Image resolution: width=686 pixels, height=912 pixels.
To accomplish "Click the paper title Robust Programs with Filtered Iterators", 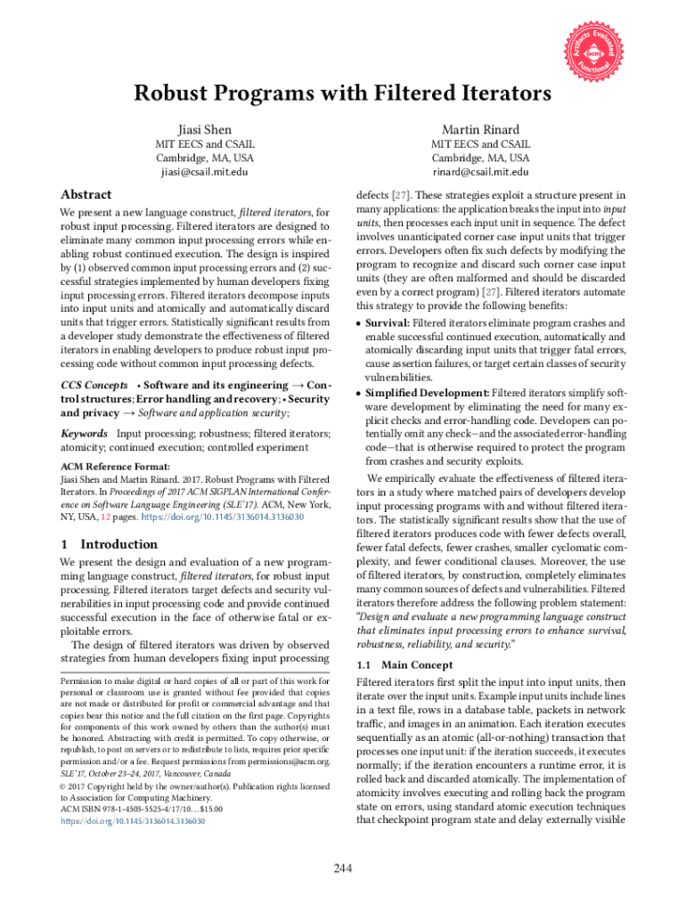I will pyautogui.click(x=342, y=94).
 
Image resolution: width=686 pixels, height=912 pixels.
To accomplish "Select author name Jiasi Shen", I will pyautogui.click(x=204, y=130).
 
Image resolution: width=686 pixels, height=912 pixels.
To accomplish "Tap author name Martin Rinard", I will pyautogui.click(x=480, y=130).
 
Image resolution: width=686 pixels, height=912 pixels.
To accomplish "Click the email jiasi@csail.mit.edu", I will pyautogui.click(x=204, y=171).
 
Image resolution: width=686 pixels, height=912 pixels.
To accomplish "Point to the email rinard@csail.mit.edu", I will pyautogui.click(x=480, y=171).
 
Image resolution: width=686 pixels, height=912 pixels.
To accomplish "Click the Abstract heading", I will pyautogui.click(x=86, y=194).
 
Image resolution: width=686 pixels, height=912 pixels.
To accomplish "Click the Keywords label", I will pyautogui.click(x=84, y=434).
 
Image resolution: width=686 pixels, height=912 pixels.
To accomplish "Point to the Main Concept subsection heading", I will pyautogui.click(x=416, y=665).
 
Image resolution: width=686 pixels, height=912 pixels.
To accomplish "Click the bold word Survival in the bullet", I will pyautogui.click(x=388, y=323).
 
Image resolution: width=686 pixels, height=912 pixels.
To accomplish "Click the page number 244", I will pyautogui.click(x=342, y=868).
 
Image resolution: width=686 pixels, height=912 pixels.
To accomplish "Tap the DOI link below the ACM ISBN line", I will pyautogui.click(x=133, y=821).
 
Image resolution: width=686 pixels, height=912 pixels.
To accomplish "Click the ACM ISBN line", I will pyautogui.click(x=141, y=809).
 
